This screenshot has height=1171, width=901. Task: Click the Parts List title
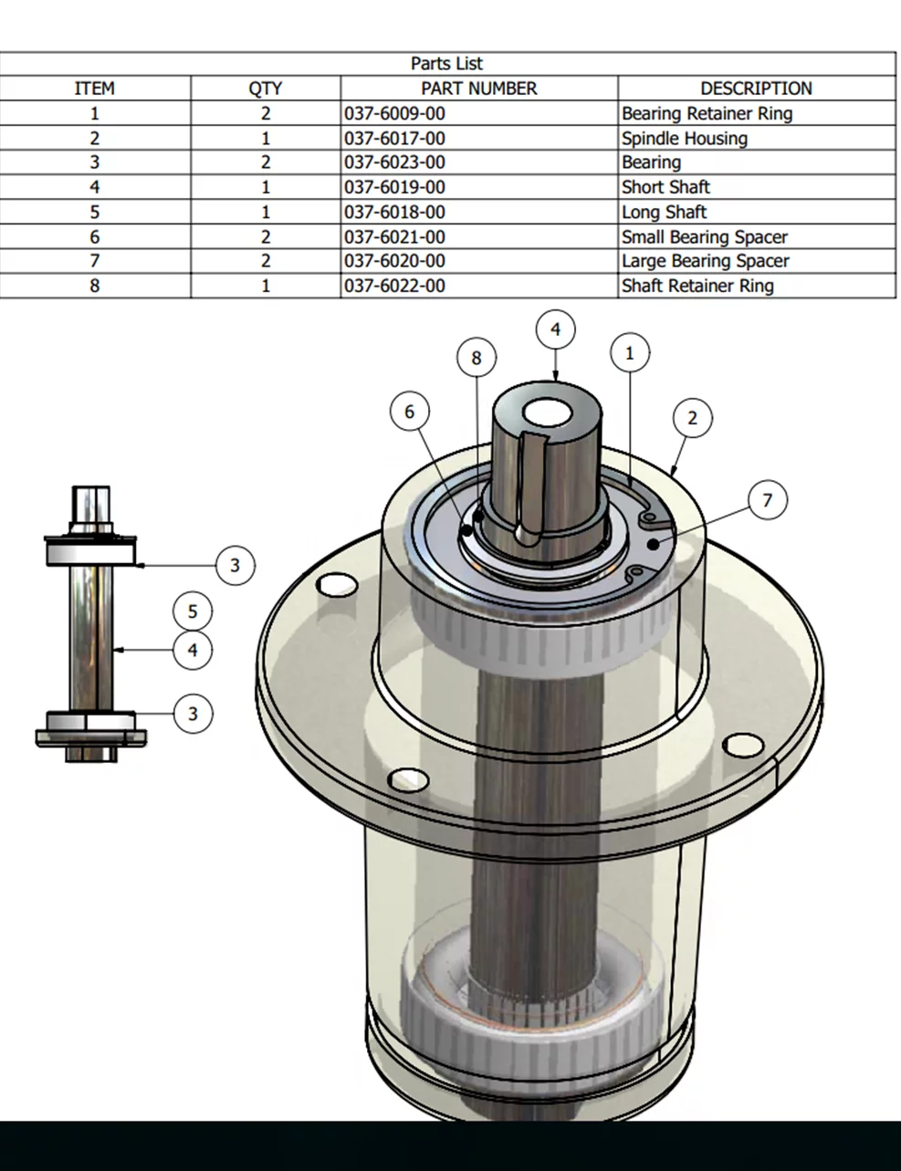(446, 64)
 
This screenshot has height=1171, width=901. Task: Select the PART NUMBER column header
(478, 89)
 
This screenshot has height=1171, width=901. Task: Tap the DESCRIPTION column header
(756, 89)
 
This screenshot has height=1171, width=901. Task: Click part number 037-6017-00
(395, 139)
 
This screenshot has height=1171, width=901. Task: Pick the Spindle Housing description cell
(685, 139)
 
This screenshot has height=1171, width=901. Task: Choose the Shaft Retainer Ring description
(697, 286)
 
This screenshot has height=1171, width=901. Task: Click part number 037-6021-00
(395, 237)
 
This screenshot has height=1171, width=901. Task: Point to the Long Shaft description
(665, 213)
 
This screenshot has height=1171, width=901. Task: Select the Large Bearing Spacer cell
(706, 261)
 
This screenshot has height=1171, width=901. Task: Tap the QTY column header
(265, 89)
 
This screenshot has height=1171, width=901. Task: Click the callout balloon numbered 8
(476, 358)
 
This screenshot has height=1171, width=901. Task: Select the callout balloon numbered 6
(409, 412)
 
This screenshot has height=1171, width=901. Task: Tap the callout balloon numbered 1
(629, 352)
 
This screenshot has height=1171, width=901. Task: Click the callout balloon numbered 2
(692, 418)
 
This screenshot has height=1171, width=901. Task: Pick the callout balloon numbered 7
(767, 499)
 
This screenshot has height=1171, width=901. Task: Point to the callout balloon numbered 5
(193, 612)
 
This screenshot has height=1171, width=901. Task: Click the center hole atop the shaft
(551, 413)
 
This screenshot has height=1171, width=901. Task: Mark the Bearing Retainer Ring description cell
(707, 114)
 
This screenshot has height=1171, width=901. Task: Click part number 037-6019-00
(395, 188)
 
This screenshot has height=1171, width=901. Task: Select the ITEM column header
(94, 89)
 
